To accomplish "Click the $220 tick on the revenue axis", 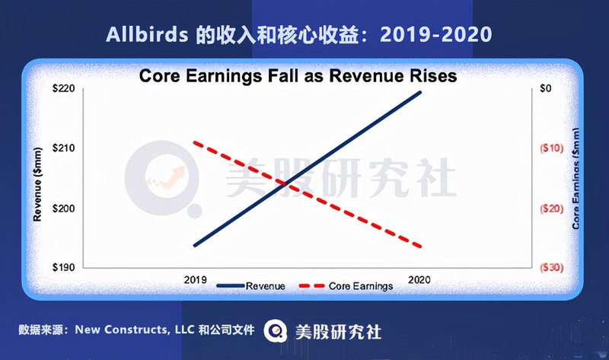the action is (x=64, y=88).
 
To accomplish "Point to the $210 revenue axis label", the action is (x=64, y=148).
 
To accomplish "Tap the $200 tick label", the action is (x=64, y=208).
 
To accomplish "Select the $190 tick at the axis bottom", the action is (x=64, y=267).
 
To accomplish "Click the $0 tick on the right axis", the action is (x=545, y=88).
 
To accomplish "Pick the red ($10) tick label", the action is (x=551, y=148).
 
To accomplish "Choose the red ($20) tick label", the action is (x=551, y=209).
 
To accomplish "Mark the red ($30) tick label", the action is (x=551, y=268).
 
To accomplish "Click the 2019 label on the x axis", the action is (x=196, y=279).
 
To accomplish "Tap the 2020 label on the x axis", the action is (x=419, y=279).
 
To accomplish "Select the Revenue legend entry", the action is (x=251, y=286).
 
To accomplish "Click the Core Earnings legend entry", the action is (x=346, y=286).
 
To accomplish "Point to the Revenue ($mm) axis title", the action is (x=37, y=184).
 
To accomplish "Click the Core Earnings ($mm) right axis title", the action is (x=576, y=178).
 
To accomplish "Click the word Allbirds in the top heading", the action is (x=147, y=34).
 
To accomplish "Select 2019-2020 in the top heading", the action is (x=435, y=34).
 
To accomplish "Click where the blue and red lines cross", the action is (x=286, y=184).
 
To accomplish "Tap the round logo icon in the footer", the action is (x=276, y=331).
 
